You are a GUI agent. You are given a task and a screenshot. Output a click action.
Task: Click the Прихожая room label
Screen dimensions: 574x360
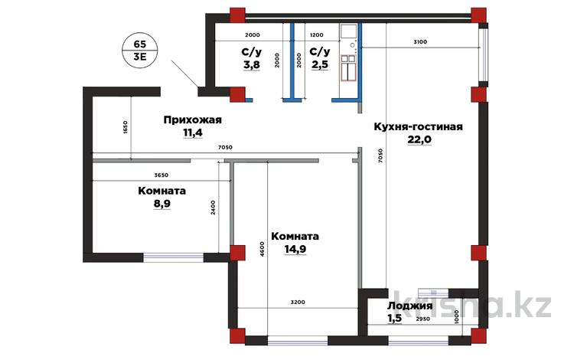point(193,120)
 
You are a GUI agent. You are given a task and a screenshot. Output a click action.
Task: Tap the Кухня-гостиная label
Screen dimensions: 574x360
point(419,126)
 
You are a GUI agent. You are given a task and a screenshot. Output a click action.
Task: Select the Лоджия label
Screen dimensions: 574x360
point(410,306)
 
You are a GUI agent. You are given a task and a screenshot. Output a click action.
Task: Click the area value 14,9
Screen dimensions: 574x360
point(295,249)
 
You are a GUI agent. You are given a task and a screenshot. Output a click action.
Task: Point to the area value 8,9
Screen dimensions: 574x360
point(161,203)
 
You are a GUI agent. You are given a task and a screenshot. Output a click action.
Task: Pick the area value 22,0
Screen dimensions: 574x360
point(419,139)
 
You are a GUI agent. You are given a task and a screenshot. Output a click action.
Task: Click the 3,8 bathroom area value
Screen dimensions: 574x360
point(252,65)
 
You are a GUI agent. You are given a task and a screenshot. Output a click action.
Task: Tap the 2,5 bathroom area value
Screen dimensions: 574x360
point(320,64)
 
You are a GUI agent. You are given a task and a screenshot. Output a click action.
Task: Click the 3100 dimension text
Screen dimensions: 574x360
point(420,42)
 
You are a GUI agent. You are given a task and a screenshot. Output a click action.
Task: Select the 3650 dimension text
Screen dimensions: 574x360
point(161,175)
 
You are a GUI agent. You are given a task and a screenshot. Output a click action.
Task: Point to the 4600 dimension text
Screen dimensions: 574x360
point(262,249)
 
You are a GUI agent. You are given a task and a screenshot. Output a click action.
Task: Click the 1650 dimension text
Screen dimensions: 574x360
point(125,128)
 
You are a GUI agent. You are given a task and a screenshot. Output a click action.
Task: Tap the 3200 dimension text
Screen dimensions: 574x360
point(298,302)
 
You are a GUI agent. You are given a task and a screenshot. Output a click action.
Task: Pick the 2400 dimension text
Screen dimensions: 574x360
point(214,208)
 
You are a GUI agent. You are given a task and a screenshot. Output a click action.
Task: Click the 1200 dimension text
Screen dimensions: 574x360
point(317,35)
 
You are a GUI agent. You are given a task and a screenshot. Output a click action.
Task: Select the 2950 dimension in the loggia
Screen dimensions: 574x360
point(423,319)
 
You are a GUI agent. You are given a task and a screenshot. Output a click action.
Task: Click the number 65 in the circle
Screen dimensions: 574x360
point(140,44)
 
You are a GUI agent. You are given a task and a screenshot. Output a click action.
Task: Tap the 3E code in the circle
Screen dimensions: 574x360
point(140,57)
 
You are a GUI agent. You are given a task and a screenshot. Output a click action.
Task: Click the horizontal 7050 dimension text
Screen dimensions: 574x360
point(225,148)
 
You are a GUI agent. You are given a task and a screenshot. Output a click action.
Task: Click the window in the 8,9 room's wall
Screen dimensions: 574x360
point(173,257)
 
